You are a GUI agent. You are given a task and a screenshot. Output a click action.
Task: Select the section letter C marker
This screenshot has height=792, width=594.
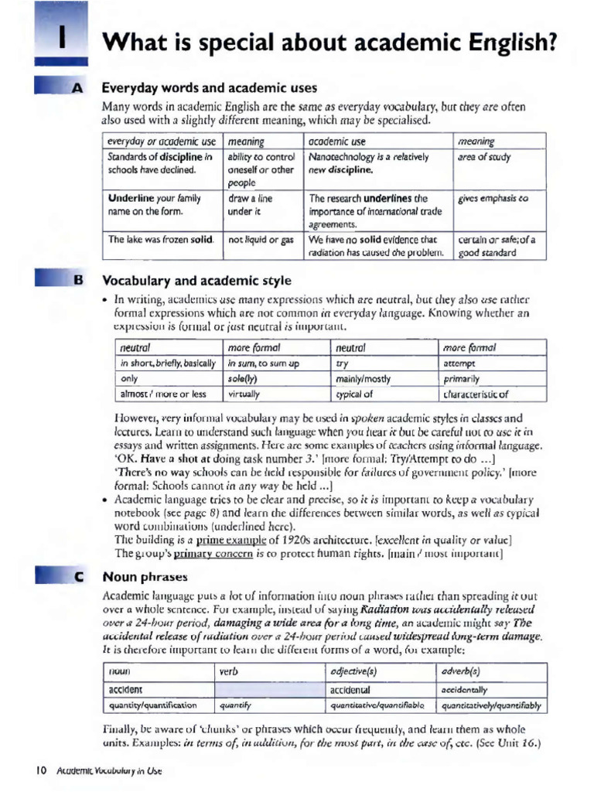pyautogui.click(x=77, y=577)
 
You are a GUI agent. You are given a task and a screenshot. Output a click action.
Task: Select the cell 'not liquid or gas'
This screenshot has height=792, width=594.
pyautogui.click(x=261, y=240)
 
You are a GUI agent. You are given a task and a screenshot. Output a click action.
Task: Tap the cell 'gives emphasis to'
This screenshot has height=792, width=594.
pyautogui.click(x=493, y=198)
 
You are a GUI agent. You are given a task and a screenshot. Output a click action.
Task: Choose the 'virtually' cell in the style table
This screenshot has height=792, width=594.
pyautogui.click(x=244, y=394)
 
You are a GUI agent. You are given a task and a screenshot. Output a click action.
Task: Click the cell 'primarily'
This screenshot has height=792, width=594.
pyautogui.click(x=462, y=379)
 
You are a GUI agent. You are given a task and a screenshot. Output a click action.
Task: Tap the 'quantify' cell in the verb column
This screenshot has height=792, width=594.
pyautogui.click(x=235, y=705)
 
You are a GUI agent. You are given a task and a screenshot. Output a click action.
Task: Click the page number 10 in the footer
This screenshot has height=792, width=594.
pyautogui.click(x=41, y=770)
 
